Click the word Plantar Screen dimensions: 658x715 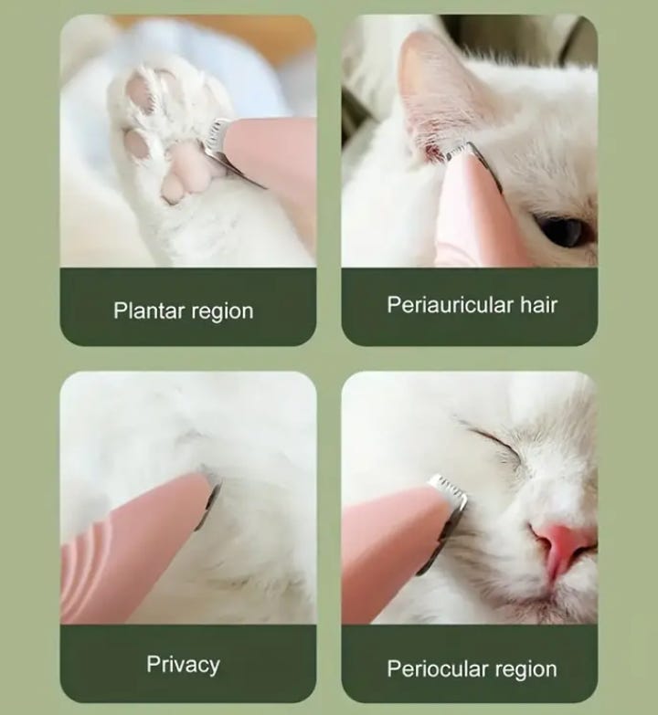(149, 310)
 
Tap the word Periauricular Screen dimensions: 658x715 (451, 305)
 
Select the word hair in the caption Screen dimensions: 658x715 (539, 304)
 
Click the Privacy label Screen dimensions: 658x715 (183, 665)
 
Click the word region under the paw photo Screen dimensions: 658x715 (222, 312)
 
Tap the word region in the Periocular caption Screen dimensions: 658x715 (526, 670)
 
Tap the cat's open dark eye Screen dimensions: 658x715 (562, 229)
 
